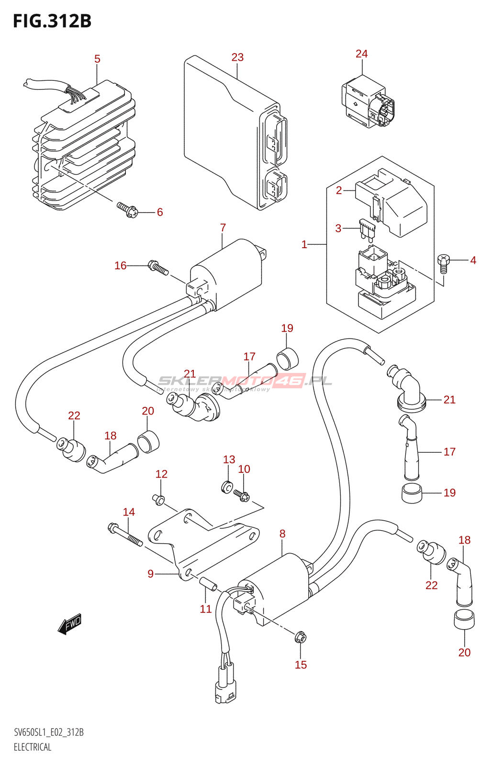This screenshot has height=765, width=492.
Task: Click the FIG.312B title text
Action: [x=52, y=21]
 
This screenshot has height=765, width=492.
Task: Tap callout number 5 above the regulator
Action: [x=97, y=59]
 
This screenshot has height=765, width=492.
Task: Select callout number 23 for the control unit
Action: [x=237, y=57]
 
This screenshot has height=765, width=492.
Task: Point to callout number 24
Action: [x=361, y=54]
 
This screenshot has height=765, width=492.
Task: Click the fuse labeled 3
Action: [x=367, y=230]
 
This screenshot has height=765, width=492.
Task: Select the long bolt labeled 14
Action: [x=125, y=535]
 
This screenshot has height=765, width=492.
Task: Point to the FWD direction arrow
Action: [x=70, y=623]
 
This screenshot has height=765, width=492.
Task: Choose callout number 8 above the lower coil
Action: [x=282, y=534]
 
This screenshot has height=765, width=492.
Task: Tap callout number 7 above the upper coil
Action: [x=223, y=228]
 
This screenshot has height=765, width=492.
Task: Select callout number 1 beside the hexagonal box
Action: [x=304, y=244]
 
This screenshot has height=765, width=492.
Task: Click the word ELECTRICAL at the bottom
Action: [x=33, y=747]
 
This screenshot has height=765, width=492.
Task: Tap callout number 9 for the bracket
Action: [x=151, y=573]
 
